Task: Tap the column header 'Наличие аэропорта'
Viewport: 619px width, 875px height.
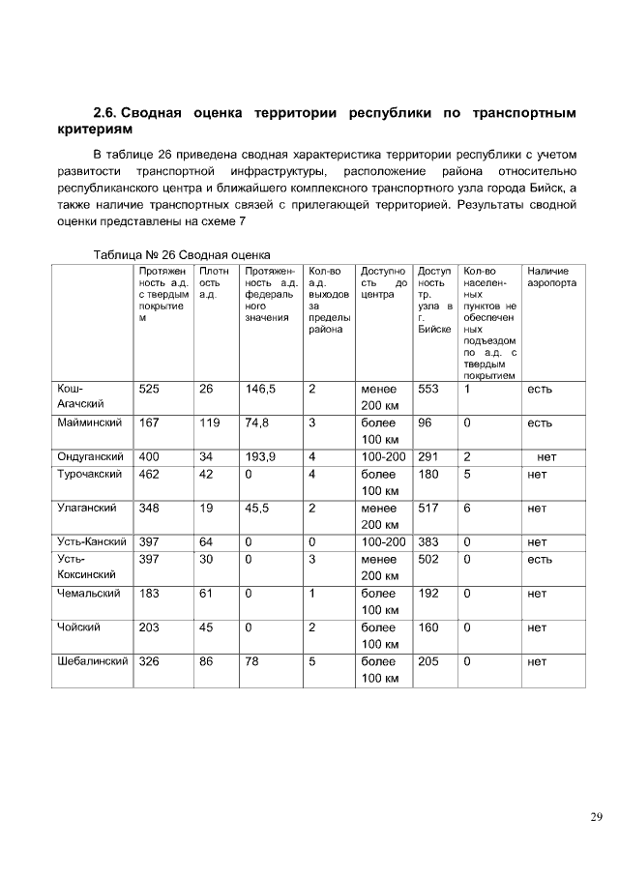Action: click(x=550, y=277)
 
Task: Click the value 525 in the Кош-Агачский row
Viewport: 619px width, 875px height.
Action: click(x=149, y=389)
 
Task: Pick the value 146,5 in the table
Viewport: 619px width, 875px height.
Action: click(x=261, y=389)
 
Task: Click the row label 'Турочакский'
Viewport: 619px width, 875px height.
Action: click(x=89, y=475)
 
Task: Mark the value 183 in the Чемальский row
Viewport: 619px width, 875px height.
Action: click(x=149, y=594)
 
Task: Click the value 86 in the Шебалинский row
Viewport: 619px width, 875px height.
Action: click(x=206, y=662)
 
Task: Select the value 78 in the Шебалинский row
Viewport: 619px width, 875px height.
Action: click(x=253, y=662)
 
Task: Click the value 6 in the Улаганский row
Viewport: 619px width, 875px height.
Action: click(x=467, y=508)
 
